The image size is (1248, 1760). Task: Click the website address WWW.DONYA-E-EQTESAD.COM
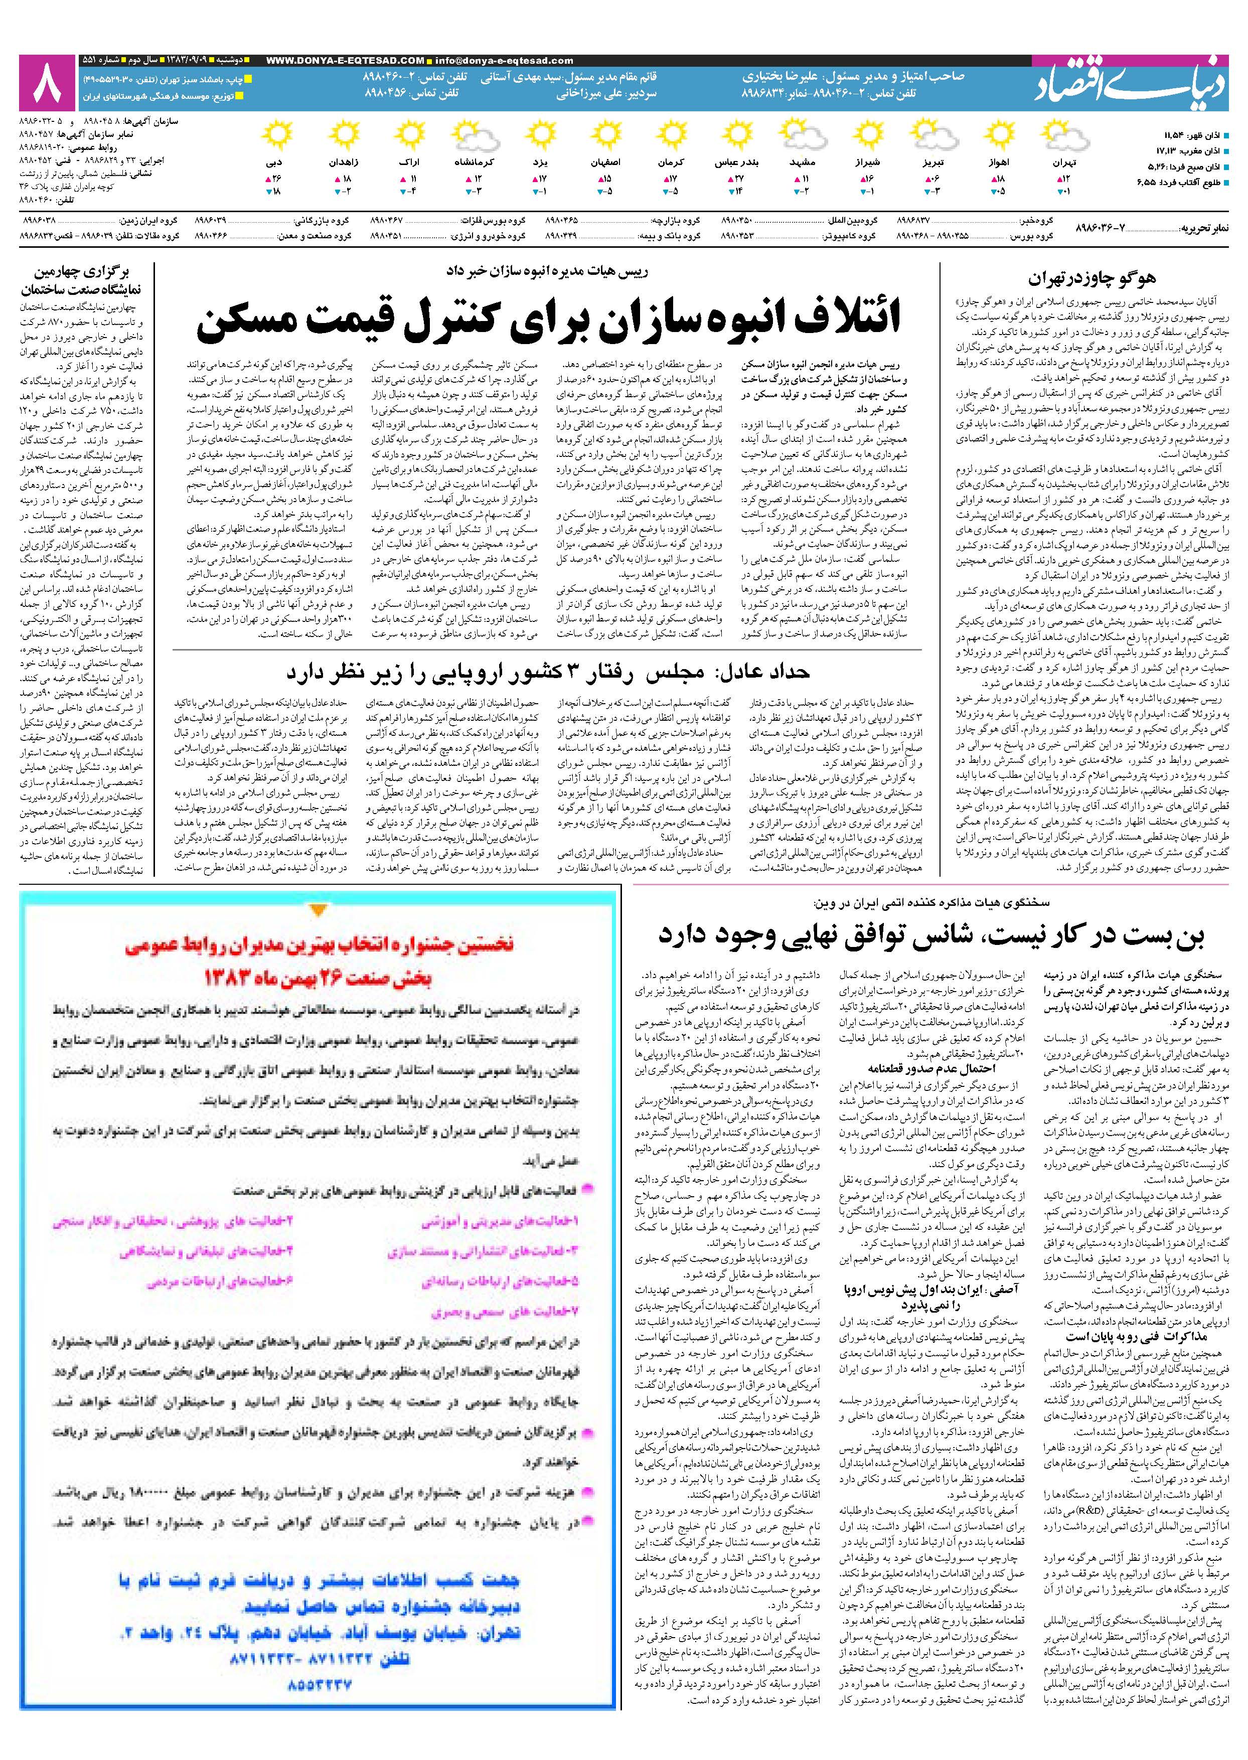[346, 61]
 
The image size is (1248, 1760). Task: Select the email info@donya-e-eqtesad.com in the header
[503, 61]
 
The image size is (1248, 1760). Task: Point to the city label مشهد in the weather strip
[803, 164]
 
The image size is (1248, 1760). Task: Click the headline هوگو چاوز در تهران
[1091, 277]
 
